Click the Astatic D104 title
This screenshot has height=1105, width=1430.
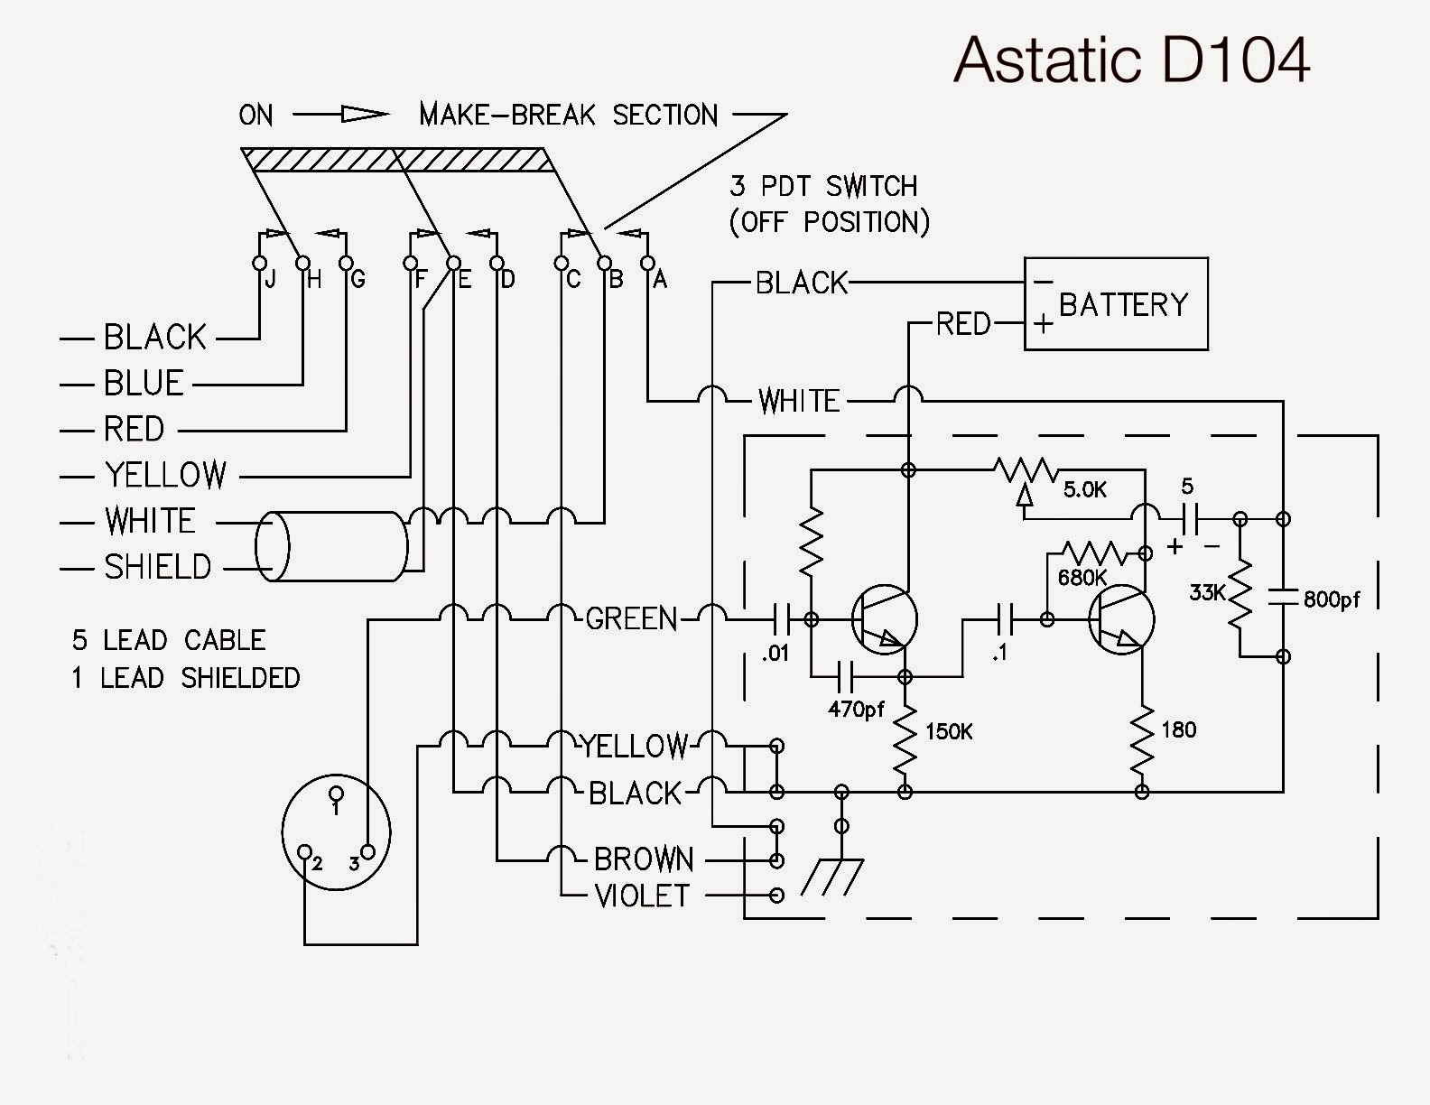[1131, 60]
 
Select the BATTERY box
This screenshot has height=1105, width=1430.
[1116, 304]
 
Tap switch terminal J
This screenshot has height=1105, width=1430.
[259, 263]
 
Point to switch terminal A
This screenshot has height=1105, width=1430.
[647, 263]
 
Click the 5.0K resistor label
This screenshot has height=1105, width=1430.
[1084, 490]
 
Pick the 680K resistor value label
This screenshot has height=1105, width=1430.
[1082, 577]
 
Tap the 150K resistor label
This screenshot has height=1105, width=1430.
[948, 731]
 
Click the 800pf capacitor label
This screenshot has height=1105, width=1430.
[1332, 599]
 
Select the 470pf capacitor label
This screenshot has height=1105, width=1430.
[856, 709]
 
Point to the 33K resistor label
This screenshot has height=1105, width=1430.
[1208, 593]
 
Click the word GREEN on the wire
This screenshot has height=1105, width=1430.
[631, 618]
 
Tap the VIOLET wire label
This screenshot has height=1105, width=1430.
[641, 896]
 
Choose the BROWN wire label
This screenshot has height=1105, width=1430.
[644, 859]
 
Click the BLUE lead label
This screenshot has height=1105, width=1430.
[144, 383]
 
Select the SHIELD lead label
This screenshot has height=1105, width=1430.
[157, 567]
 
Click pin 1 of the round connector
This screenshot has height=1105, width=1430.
[337, 794]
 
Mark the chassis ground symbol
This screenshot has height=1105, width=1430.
[831, 876]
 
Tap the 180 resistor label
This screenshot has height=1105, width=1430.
[1178, 729]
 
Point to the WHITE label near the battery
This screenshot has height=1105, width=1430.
[799, 400]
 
